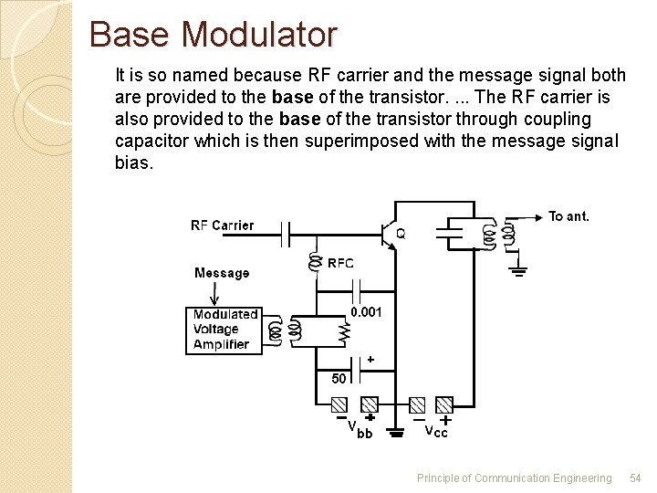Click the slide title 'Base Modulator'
coord(214,35)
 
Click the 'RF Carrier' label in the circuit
coord(222,226)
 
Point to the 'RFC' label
coord(340,263)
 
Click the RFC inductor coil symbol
coord(317,263)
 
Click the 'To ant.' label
coord(568,216)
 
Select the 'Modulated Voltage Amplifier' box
coord(224,330)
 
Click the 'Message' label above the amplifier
coord(221,273)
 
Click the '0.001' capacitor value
coord(367,312)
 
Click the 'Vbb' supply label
coord(359,429)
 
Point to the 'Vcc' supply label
coord(436,431)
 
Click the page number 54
coord(635,478)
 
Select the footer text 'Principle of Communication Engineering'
coord(514,478)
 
